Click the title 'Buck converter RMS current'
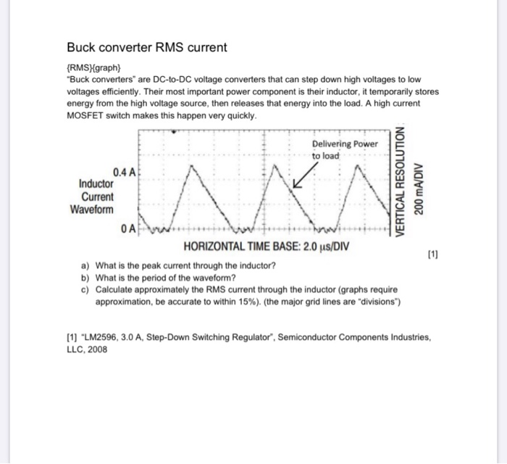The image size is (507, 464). click(x=147, y=48)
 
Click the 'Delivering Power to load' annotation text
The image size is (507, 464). click(x=344, y=149)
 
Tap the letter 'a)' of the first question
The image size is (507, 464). click(x=85, y=266)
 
